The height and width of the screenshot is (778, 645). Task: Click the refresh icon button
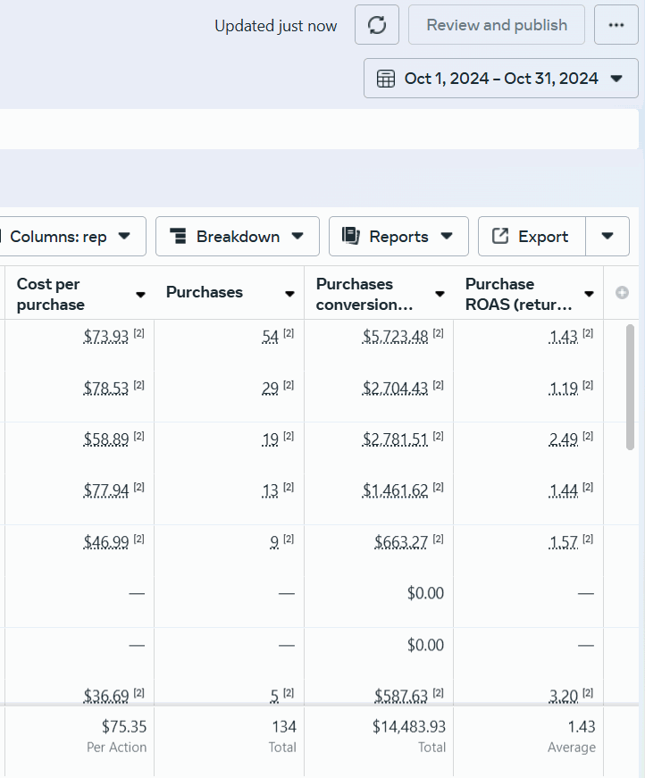click(x=377, y=25)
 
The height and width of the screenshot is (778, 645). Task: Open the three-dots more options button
click(x=616, y=25)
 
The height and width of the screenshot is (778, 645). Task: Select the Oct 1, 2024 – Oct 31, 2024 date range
click(x=500, y=79)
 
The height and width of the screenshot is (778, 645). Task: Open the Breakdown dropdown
click(x=237, y=236)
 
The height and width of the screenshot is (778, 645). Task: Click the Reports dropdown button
click(x=398, y=236)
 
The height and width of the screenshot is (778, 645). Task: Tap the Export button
click(x=532, y=236)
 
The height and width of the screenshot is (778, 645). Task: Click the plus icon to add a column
click(x=622, y=293)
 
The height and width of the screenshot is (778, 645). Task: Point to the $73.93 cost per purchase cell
click(x=106, y=337)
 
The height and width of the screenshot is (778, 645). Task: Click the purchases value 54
click(x=271, y=337)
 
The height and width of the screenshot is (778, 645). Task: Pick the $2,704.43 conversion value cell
click(x=395, y=388)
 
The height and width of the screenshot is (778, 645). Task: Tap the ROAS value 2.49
click(x=564, y=439)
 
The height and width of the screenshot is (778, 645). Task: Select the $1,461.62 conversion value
click(x=395, y=490)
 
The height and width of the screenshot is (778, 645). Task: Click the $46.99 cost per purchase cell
click(x=106, y=542)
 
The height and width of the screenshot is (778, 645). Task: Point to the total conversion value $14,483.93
click(x=409, y=727)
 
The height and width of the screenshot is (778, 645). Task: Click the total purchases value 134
click(x=284, y=727)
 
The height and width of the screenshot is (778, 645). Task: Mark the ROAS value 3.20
click(x=564, y=696)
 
